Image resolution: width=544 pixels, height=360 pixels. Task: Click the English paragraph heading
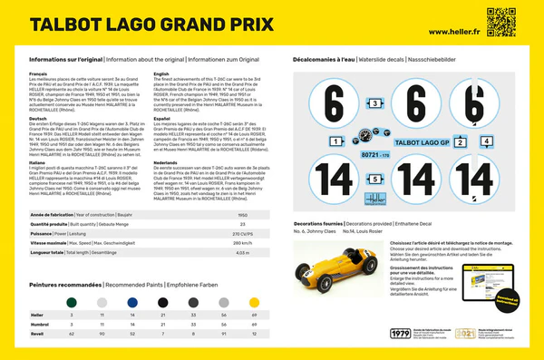click(164, 73)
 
